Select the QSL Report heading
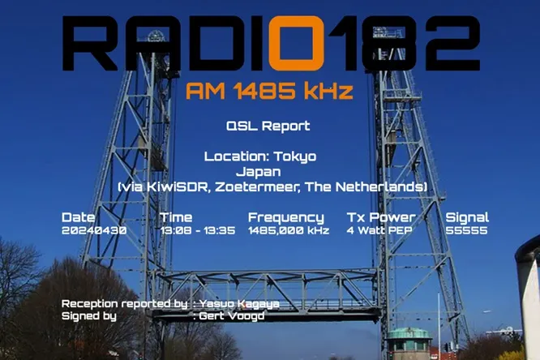(x=268, y=126)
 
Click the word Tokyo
(x=296, y=156)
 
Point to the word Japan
(x=258, y=172)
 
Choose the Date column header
(x=78, y=217)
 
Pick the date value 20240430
(x=94, y=230)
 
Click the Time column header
(x=176, y=217)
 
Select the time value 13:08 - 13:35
(x=197, y=230)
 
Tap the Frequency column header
(x=285, y=217)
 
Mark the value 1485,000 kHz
(x=288, y=230)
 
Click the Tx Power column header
(x=380, y=217)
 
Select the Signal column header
(x=467, y=217)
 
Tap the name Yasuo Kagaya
(x=239, y=304)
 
